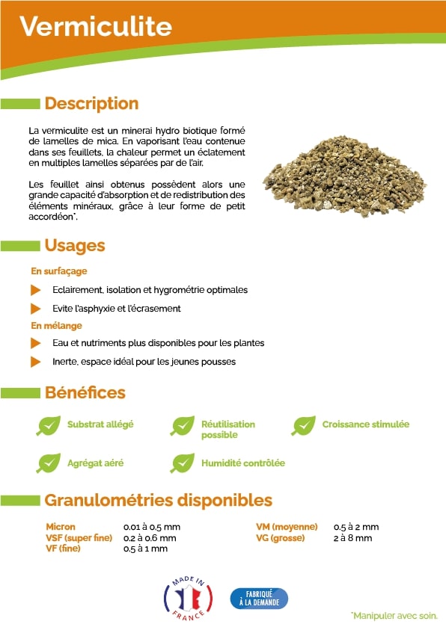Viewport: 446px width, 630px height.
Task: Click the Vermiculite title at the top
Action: pyautogui.click(x=95, y=27)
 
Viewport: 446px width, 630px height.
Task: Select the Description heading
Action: pyautogui.click(x=91, y=103)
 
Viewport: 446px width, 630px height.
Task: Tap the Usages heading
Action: pyautogui.click(x=75, y=245)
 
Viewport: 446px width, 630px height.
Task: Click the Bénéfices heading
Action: pyautogui.click(x=85, y=392)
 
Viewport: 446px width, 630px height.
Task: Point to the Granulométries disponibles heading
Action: pyautogui.click(x=158, y=500)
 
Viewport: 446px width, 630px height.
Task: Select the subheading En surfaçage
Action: pyautogui.click(x=58, y=271)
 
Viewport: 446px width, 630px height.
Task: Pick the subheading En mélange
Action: pyautogui.click(x=56, y=326)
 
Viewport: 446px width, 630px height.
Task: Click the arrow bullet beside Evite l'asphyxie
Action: pyautogui.click(x=35, y=308)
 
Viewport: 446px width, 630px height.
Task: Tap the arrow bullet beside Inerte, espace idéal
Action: pyautogui.click(x=35, y=362)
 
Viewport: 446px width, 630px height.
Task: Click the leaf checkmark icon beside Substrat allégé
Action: pyautogui.click(x=49, y=425)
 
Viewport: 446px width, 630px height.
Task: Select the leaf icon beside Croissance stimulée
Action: pyautogui.click(x=303, y=425)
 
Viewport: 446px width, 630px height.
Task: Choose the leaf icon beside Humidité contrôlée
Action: pyautogui.click(x=183, y=463)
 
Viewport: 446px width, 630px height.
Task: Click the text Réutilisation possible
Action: pyautogui.click(x=227, y=429)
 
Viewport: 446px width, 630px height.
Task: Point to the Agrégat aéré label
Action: pyautogui.click(x=95, y=463)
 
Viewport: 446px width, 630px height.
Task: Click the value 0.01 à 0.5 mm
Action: pyautogui.click(x=151, y=527)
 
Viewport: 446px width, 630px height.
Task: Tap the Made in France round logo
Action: pyautogui.click(x=188, y=597)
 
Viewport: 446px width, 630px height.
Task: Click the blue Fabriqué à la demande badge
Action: pyautogui.click(x=259, y=598)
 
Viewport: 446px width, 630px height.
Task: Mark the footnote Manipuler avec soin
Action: pyautogui.click(x=394, y=616)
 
